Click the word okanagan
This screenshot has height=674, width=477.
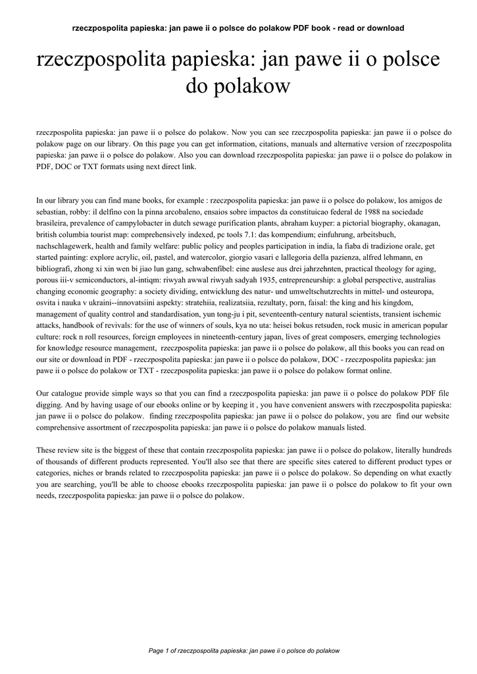pyautogui.click(x=422, y=223)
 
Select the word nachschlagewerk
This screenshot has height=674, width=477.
pyautogui.click(x=69, y=247)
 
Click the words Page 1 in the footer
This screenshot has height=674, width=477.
pyautogui.click(x=159, y=651)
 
